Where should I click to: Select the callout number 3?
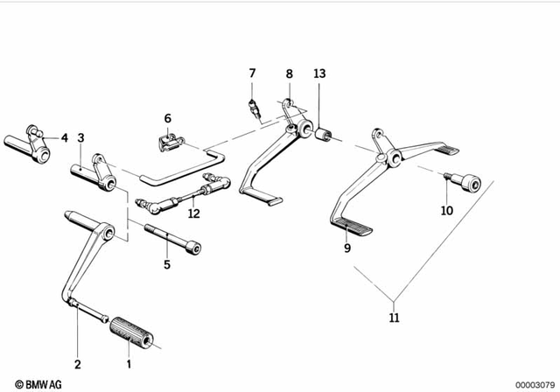[80, 137]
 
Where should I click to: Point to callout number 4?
[64, 137]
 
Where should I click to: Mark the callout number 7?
[251, 73]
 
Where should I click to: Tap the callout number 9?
[347, 248]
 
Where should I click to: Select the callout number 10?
[447, 211]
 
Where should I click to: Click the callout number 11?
[395, 317]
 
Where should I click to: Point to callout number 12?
[193, 213]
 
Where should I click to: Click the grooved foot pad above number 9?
[353, 229]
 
